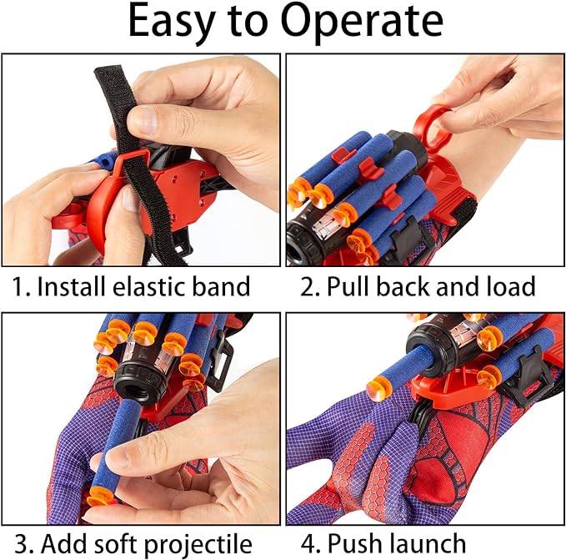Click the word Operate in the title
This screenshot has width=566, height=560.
coord(363,25)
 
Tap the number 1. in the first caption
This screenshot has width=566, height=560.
coord(22,287)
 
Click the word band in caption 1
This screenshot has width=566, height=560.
coord(228,287)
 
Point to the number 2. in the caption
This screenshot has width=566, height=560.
coord(309,287)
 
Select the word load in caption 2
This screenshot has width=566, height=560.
coord(509,287)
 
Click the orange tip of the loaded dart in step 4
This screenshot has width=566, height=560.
coord(380,388)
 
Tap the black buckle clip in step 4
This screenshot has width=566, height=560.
coord(530,376)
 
